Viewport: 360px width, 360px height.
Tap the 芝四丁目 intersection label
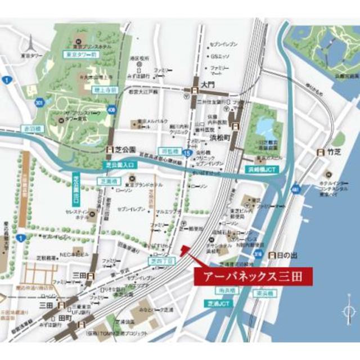(x=161, y=260)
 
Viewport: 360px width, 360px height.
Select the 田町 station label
(x=69, y=318)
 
